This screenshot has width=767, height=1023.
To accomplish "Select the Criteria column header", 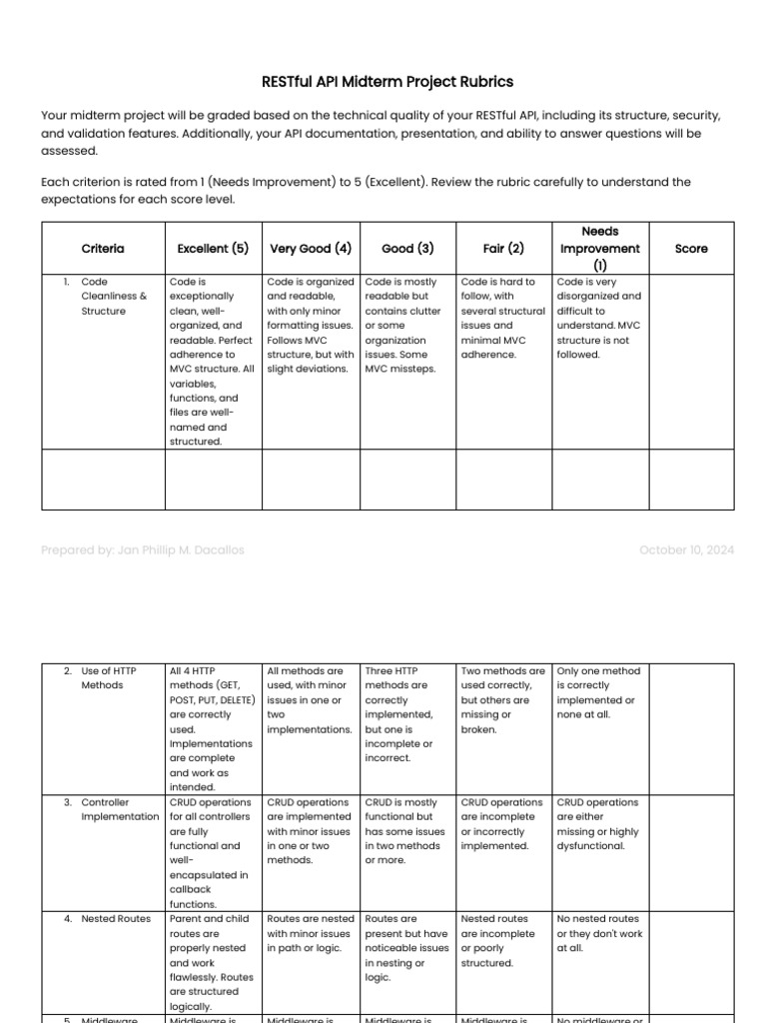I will click(x=103, y=249).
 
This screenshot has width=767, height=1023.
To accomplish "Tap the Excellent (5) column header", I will click(x=213, y=249).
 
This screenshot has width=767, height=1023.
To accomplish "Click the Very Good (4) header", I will click(x=311, y=249).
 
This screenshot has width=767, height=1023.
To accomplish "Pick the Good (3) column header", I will click(x=407, y=249).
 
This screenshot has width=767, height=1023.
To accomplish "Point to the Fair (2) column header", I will click(x=503, y=249).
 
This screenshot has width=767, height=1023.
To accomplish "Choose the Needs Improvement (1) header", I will click(x=599, y=249).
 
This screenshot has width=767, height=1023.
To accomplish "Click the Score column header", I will click(x=691, y=249).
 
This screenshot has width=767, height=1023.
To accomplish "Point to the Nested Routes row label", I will click(x=116, y=919).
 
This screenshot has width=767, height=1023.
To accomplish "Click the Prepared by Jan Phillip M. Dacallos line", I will click(x=143, y=550).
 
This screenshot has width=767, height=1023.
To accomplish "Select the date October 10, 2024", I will click(x=686, y=550).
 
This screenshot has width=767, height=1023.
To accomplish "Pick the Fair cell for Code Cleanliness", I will click(x=503, y=318).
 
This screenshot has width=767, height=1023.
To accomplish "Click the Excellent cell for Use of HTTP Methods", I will click(x=212, y=728).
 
